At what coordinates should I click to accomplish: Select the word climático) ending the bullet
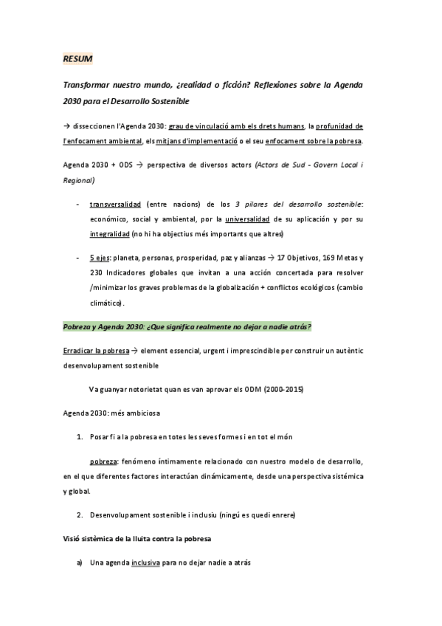pyautogui.click(x=107, y=303)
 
